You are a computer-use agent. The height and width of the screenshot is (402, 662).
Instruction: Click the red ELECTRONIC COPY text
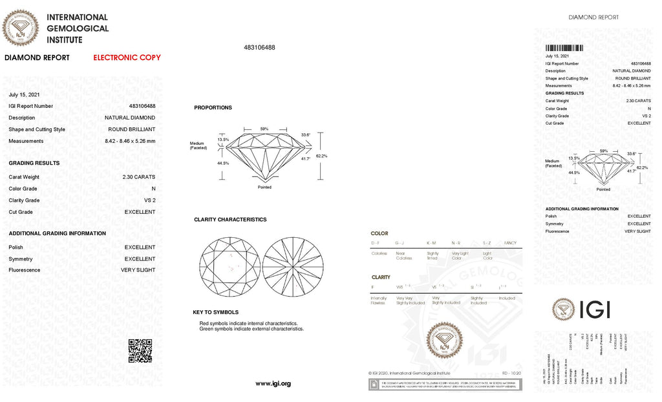(x=127, y=58)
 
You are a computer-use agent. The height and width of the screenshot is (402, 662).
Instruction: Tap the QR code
(x=140, y=350)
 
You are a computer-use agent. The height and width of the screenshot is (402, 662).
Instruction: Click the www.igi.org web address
(x=273, y=383)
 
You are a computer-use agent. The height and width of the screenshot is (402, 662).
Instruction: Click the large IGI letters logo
(x=582, y=310)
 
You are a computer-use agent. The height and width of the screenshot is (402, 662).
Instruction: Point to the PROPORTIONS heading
(x=213, y=108)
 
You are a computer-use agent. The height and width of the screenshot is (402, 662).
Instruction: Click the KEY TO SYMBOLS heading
(x=215, y=312)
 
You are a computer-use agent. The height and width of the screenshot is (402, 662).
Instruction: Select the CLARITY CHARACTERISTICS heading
(x=230, y=220)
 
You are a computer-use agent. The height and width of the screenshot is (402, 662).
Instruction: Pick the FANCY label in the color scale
(x=509, y=242)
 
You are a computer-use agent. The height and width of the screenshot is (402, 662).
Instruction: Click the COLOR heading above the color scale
(x=379, y=233)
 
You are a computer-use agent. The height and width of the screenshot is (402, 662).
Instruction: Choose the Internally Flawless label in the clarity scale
(x=378, y=301)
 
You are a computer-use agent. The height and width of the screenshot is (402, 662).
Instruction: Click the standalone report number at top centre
(x=259, y=48)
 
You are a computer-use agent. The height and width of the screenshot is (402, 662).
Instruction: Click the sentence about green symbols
(x=251, y=329)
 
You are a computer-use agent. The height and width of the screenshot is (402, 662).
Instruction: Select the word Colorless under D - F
(x=379, y=253)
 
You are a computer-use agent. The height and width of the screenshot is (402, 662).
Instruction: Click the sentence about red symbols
(x=249, y=323)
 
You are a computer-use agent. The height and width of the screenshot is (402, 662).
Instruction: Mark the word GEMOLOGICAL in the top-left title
(x=78, y=28)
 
